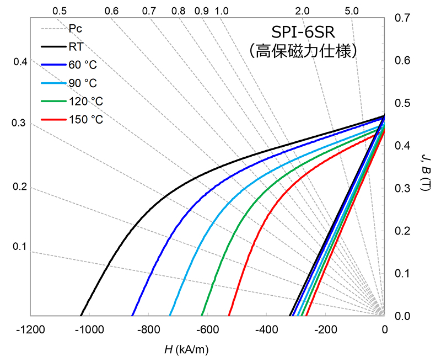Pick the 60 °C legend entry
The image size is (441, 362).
[x=83, y=65]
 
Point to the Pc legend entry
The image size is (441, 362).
[x=76, y=28]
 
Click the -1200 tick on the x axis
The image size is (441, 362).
[x=30, y=330]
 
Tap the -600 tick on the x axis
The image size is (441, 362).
[x=207, y=330]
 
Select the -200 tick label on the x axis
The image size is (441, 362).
[x=325, y=330]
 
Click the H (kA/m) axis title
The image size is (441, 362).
[x=186, y=349]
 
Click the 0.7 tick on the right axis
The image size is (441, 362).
[x=402, y=18]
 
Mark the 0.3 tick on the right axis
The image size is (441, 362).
[x=402, y=188]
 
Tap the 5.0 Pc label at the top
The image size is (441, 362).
[x=351, y=11]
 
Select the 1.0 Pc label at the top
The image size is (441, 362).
[x=222, y=11]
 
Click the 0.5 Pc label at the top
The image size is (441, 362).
[x=60, y=11]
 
